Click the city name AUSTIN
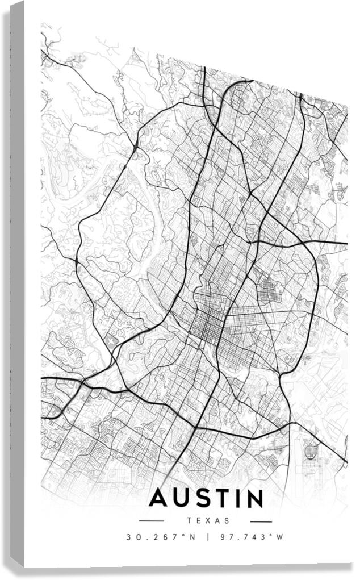(207, 498)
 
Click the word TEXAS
(207, 520)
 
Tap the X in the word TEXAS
(208, 520)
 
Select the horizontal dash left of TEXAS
(152, 521)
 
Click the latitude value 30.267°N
(161, 537)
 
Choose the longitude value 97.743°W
(252, 537)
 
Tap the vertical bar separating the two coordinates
(207, 537)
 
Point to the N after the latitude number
(192, 537)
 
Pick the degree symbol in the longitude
(271, 535)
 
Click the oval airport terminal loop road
(310, 452)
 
